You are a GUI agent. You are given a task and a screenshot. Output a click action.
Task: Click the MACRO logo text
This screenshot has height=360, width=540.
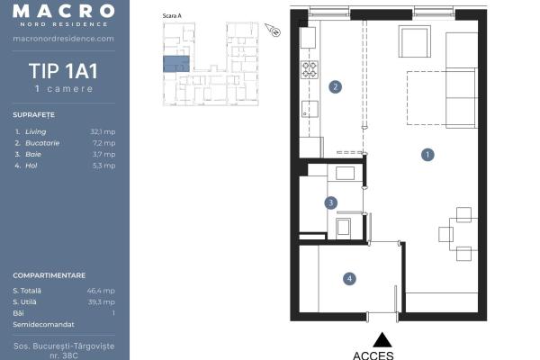click(x=64, y=11)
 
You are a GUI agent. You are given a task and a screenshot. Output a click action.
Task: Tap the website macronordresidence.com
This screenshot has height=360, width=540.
click(x=63, y=39)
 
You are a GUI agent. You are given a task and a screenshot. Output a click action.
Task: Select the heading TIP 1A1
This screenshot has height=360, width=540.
click(x=63, y=71)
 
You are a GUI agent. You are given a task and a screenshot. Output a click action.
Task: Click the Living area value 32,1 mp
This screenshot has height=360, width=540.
click(x=103, y=131)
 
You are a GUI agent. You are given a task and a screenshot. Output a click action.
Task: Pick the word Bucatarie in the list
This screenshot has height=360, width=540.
click(x=42, y=143)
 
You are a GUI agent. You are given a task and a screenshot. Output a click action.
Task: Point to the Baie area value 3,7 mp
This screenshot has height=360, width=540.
click(x=104, y=154)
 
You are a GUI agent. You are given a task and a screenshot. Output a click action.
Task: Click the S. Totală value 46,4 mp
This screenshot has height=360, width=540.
click(x=101, y=291)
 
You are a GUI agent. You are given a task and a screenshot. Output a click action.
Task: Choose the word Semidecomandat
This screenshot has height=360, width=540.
click(x=43, y=325)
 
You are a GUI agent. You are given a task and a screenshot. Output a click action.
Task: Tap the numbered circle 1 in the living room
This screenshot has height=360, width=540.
click(x=427, y=155)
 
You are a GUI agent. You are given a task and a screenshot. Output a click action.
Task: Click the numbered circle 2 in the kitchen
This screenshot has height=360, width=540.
click(x=335, y=86)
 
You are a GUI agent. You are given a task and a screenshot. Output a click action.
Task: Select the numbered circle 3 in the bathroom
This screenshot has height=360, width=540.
click(x=331, y=202)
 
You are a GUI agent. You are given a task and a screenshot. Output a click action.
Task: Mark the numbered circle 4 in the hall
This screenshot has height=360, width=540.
click(x=349, y=278)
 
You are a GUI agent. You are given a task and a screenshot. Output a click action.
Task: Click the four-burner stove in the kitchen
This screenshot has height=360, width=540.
click(x=310, y=69)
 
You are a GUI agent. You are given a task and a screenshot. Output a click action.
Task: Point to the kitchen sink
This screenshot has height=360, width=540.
click(x=310, y=109)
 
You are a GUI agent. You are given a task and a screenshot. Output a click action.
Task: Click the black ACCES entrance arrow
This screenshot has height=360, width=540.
click(x=382, y=339)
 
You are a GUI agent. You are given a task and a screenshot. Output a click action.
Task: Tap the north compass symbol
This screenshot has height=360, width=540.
click(x=273, y=30)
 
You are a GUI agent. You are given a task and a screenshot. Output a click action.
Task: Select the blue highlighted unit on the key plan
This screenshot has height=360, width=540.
click(x=176, y=64)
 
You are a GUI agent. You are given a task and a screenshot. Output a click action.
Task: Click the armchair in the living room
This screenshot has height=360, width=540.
click(x=415, y=41)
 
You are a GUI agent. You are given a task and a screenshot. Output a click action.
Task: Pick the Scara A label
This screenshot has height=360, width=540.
click(x=172, y=16)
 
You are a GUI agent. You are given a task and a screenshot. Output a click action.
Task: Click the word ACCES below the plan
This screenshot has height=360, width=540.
click(x=373, y=355)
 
